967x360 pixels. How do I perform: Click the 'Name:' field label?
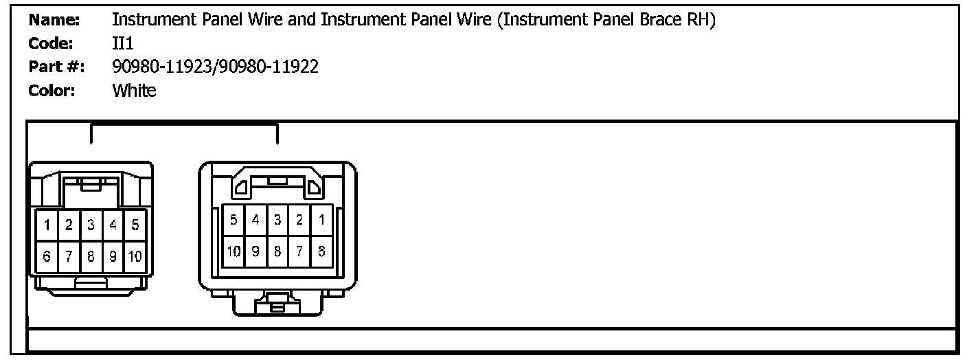[55, 21]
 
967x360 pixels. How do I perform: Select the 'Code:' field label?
[52, 43]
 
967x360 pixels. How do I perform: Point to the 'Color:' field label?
[52, 90]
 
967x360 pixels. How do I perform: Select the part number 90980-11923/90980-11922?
[215, 67]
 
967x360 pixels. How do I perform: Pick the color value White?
[134, 90]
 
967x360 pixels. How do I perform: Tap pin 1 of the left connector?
[47, 225]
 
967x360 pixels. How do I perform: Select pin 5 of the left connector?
[135, 225]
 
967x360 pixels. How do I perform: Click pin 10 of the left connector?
[135, 257]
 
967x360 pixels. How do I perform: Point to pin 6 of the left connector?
[47, 257]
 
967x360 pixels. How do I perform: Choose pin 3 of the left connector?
[91, 225]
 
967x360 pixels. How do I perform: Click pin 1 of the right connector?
[321, 221]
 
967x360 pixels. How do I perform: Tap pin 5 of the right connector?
[234, 221]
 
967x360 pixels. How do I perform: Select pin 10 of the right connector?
[234, 251]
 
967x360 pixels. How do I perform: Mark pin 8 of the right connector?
[277, 251]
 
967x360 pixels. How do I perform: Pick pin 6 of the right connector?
[321, 251]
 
